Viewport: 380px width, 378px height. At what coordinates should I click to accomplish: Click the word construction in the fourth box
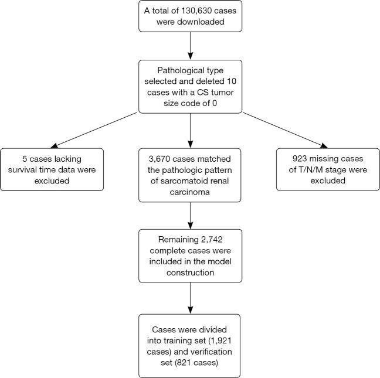click(190, 273)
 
